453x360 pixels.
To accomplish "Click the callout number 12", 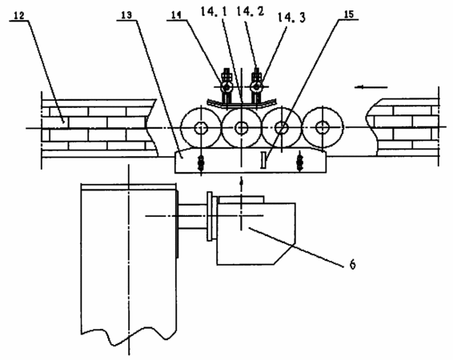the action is click(19, 16).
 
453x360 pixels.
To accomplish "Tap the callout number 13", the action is click(126, 15).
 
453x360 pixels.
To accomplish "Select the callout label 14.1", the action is click(214, 12).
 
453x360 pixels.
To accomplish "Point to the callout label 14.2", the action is click(251, 11).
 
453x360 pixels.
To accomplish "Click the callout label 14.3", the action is click(291, 18).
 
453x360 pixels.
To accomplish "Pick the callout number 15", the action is click(349, 14).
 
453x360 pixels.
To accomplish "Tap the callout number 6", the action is click(352, 264).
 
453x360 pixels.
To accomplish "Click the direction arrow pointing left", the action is click(371, 87).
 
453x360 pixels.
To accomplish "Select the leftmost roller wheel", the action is click(200, 127).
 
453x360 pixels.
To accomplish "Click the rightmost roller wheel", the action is click(323, 127).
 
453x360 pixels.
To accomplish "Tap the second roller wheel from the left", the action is click(241, 127).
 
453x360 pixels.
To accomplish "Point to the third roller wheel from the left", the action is click(282, 127).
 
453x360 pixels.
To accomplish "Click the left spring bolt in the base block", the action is click(201, 162).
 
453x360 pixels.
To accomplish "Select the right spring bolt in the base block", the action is click(300, 162).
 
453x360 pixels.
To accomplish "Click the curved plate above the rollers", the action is click(242, 106).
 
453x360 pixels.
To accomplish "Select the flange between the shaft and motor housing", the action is click(212, 216).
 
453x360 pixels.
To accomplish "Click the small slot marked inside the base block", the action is click(263, 160).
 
